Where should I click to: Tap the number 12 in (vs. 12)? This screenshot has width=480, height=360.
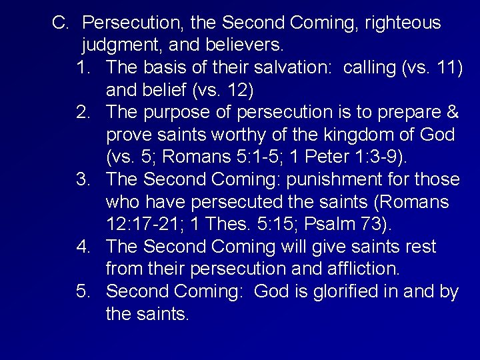click(x=235, y=90)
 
